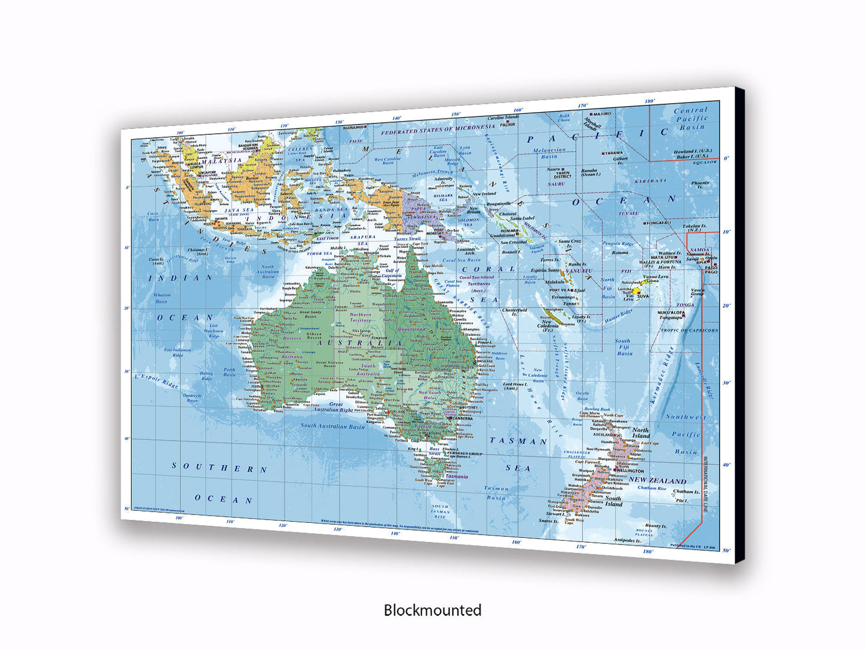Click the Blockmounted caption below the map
[432, 610]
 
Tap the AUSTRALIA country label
[360, 342]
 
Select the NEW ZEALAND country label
[657, 481]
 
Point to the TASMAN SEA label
[518, 454]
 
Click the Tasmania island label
[457, 477]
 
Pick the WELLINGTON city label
[628, 471]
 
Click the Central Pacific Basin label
[691, 119]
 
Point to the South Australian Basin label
[332, 426]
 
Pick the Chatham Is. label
[686, 492]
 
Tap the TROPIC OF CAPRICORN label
[689, 330]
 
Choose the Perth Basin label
[230, 372]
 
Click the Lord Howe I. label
[514, 386]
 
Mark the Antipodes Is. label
[627, 540]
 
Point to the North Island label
[640, 433]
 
